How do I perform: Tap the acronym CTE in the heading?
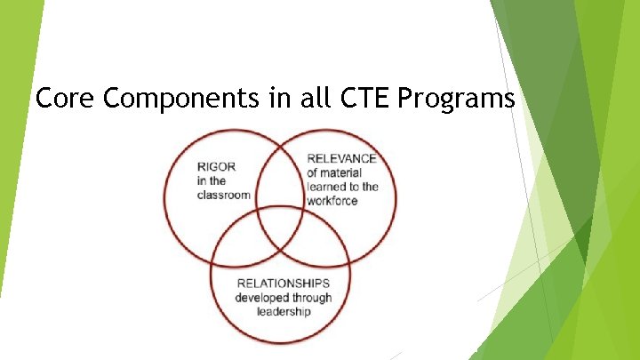pos(365,99)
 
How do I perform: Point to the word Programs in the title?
pos(457,99)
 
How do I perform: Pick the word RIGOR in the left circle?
pos(217,166)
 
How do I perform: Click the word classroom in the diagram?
pos(224,195)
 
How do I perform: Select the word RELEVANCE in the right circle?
pos(342,158)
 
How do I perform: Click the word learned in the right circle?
pos(325,187)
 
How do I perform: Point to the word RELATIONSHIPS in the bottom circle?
pos(283,284)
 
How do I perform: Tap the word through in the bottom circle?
pos(312,298)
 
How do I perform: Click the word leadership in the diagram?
pos(283,312)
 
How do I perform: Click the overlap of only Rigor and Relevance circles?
pos(280,173)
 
